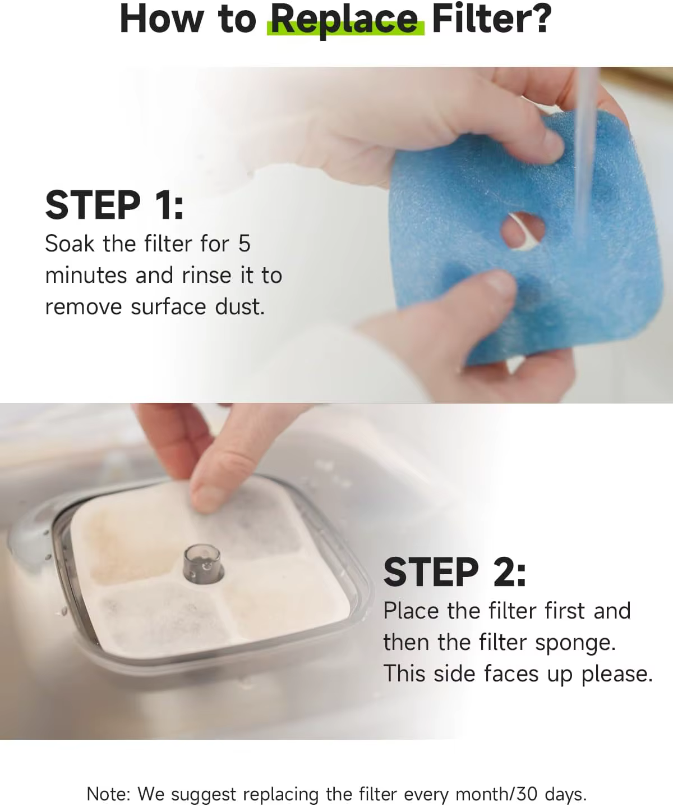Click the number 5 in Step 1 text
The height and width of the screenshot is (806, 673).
tap(245, 244)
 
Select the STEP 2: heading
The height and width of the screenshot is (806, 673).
tap(455, 572)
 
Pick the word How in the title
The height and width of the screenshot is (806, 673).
tap(161, 19)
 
